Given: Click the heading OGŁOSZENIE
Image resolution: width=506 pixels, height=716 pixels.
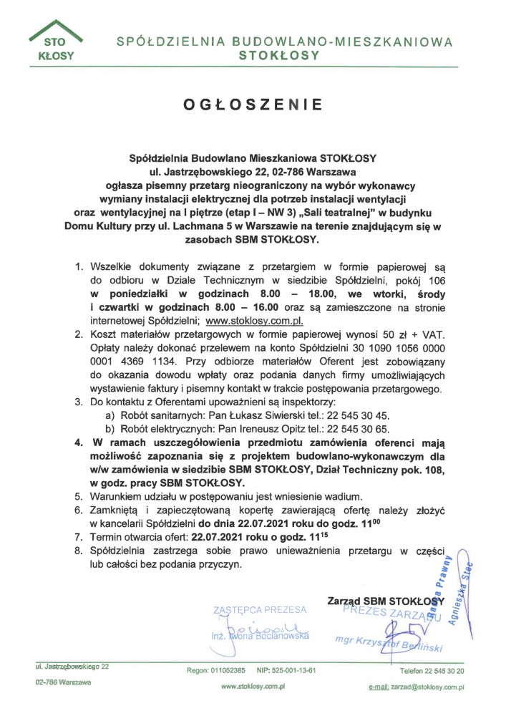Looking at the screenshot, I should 253,105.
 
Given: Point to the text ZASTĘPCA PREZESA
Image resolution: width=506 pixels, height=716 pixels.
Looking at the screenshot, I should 259,610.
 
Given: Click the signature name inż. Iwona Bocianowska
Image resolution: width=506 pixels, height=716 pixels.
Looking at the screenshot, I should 260,635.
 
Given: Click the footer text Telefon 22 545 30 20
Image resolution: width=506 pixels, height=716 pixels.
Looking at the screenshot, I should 432,671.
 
